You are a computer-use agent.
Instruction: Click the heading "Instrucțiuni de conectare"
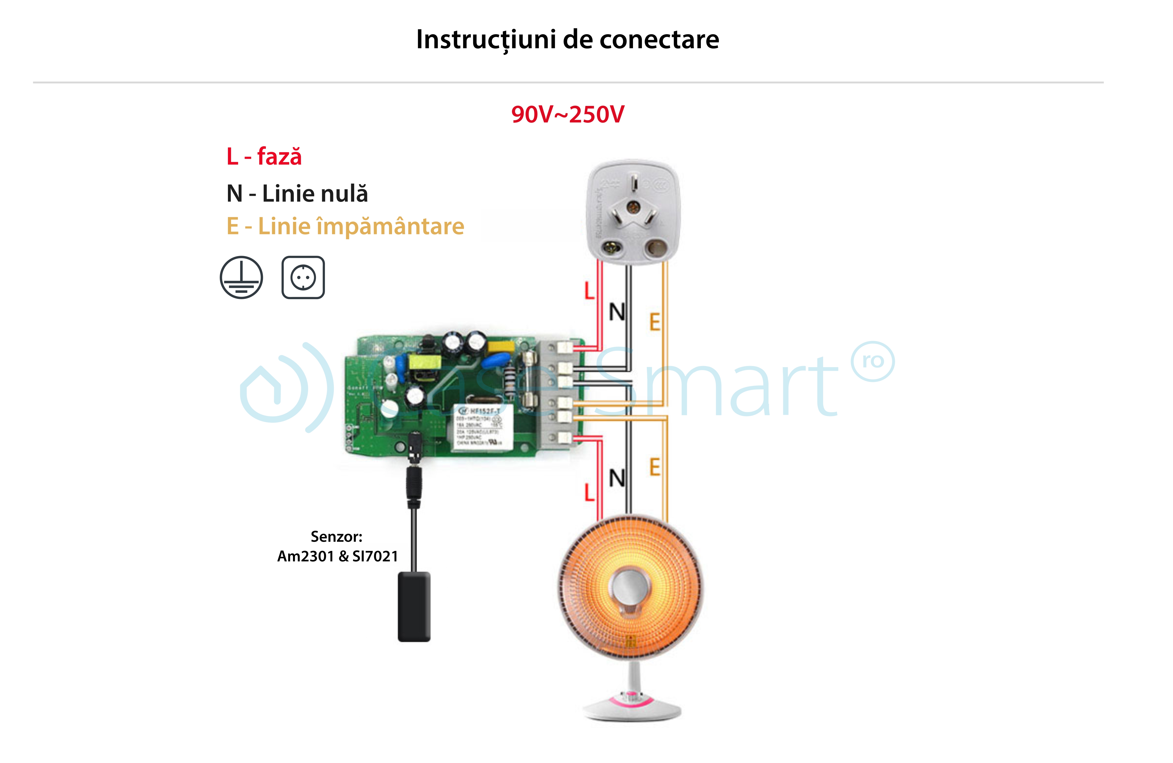point(567,39)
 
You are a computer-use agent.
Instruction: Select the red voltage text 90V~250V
point(567,114)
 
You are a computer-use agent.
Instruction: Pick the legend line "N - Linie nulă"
point(297,193)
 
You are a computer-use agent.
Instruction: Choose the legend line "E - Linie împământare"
point(345,226)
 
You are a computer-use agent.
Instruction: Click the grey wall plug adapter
point(633,212)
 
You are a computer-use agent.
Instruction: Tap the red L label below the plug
point(589,291)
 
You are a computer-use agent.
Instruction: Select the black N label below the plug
point(617,312)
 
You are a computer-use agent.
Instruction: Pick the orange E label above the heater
point(654,467)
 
